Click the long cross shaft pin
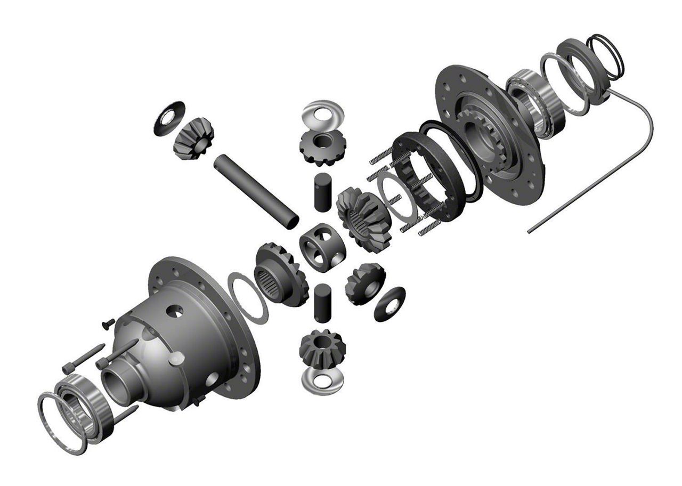point(256,191)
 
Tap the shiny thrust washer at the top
point(322,115)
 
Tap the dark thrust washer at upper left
point(169,118)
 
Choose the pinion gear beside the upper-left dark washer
point(193,139)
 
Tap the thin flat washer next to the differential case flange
point(248,297)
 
